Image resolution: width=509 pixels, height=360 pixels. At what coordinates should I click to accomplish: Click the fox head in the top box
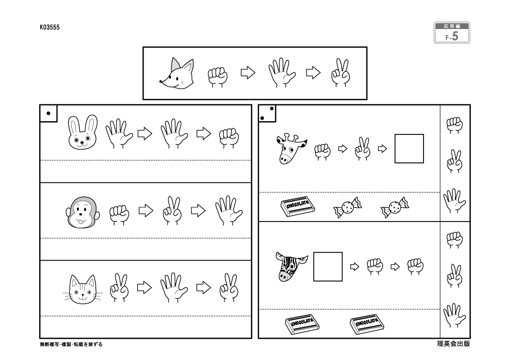click(x=177, y=73)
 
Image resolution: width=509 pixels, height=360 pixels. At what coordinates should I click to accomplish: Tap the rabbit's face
click(x=82, y=132)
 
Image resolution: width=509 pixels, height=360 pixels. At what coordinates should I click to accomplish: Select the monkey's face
click(x=82, y=212)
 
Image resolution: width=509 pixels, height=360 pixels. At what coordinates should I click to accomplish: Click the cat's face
click(x=83, y=289)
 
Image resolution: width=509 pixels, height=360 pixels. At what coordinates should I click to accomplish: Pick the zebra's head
click(x=291, y=267)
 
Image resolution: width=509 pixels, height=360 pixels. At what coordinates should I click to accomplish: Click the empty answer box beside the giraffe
click(x=409, y=149)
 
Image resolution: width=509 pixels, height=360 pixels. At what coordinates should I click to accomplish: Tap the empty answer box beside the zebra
click(x=328, y=266)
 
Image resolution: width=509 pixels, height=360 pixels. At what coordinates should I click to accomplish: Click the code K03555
click(x=50, y=27)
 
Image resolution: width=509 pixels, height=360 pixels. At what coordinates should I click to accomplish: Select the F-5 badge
click(x=452, y=33)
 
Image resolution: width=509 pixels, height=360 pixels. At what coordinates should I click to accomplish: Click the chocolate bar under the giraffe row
click(x=298, y=206)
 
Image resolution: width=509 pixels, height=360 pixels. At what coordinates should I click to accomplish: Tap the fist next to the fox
click(x=218, y=76)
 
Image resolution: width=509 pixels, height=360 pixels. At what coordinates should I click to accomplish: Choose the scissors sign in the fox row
click(x=341, y=73)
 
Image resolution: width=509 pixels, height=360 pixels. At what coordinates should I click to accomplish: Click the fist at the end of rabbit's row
click(x=229, y=138)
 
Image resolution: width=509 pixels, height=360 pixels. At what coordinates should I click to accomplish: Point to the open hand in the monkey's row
click(x=229, y=210)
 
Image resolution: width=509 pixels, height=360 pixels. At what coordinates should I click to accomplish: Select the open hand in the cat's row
click(x=174, y=288)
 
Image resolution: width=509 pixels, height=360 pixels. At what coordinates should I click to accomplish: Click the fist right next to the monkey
click(x=119, y=214)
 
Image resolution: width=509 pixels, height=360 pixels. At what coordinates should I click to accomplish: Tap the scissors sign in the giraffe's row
click(x=362, y=149)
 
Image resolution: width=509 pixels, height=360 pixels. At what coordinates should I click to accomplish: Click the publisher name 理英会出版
click(x=453, y=344)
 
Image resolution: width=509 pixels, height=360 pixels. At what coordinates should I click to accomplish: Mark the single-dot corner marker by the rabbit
click(x=48, y=113)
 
